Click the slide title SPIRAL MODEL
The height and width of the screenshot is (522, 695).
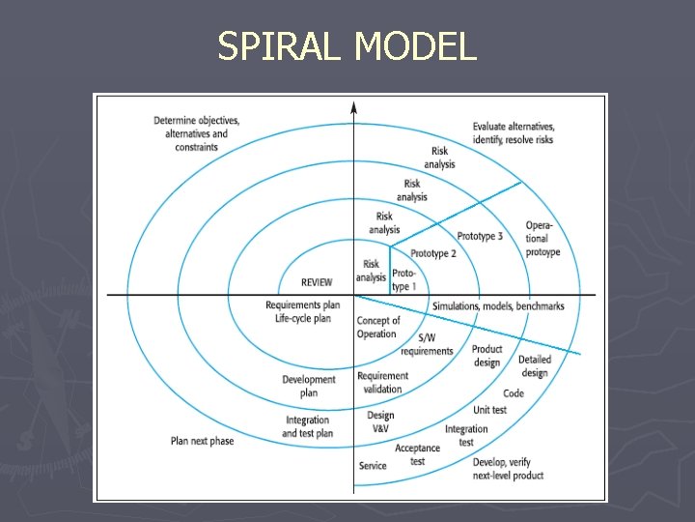coord(347,46)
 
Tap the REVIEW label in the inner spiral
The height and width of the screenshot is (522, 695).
coord(317,282)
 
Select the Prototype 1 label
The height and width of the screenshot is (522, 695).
coord(404,280)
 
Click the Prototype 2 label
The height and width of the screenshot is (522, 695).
coord(432,253)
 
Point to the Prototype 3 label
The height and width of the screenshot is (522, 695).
coord(480,236)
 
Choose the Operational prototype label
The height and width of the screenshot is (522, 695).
coord(542,239)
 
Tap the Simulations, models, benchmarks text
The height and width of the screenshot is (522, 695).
coord(498,306)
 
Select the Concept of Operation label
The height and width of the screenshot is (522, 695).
coord(377,328)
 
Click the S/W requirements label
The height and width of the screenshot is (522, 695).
coord(427,344)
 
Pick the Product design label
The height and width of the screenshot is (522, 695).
coord(486,356)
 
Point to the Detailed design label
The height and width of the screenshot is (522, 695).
coord(534,366)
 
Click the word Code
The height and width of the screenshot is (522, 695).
coord(514,393)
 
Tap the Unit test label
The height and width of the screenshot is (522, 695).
coord(490,410)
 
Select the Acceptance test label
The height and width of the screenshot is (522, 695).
coord(417,454)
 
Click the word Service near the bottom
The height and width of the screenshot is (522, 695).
coord(373,466)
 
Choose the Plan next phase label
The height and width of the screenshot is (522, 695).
coord(202,441)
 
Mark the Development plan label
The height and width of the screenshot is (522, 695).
coord(309,387)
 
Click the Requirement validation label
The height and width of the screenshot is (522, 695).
coord(383,383)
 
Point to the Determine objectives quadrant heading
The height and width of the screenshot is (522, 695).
coord(196,133)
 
